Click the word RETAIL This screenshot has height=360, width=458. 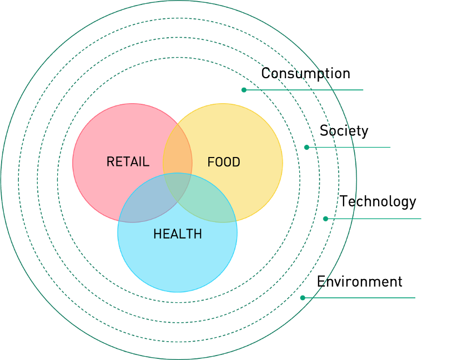(128, 162)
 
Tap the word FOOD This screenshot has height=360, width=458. (224, 162)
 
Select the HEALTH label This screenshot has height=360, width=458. (178, 234)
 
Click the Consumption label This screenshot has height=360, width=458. (305, 74)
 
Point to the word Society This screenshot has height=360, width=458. (344, 130)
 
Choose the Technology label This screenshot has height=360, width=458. (378, 201)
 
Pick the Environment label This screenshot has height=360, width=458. (360, 282)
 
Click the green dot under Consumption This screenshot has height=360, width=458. (244, 90)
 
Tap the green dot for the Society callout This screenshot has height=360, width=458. (306, 147)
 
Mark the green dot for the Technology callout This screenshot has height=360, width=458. (325, 219)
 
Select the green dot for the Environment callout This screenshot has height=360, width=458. (303, 298)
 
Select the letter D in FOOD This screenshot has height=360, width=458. (236, 162)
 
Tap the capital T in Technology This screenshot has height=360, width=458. (344, 201)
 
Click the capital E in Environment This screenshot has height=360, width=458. (321, 282)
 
